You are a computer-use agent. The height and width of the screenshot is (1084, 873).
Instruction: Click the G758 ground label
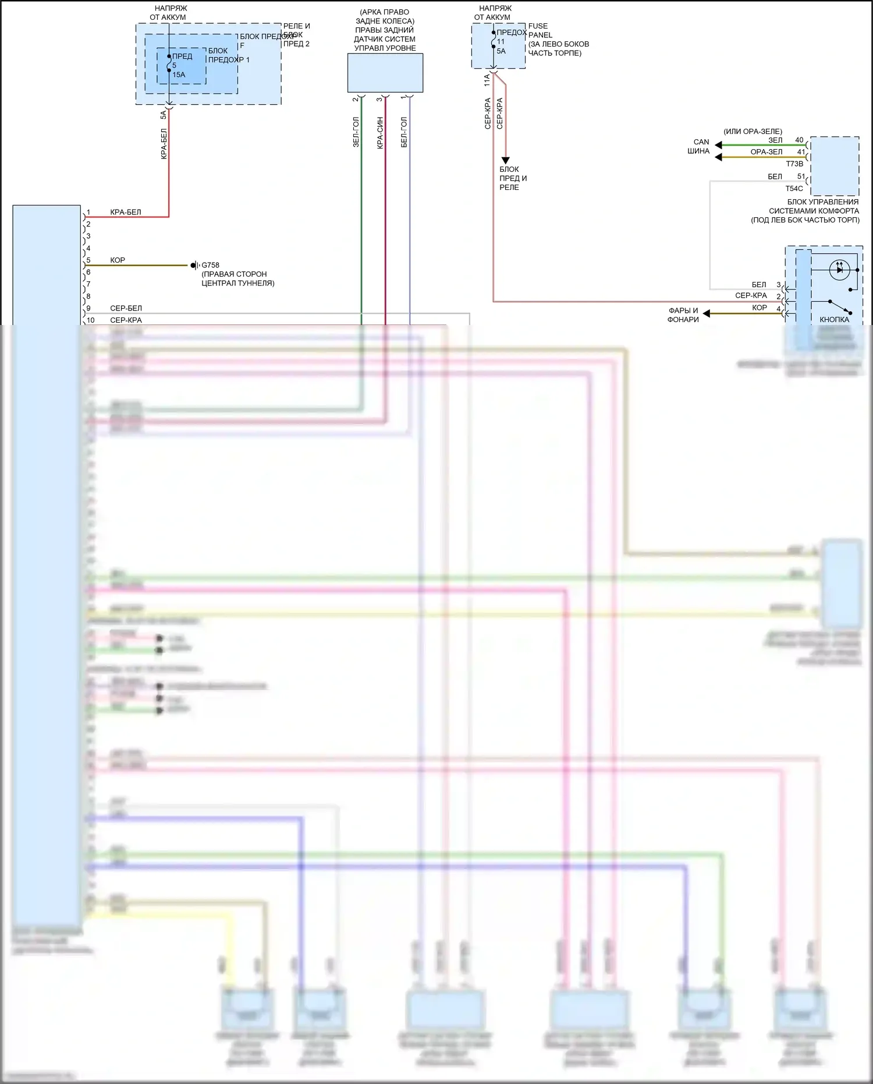210,265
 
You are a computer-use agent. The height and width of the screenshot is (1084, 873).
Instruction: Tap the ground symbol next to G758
194,266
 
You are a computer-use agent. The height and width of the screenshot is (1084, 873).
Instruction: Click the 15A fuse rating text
179,75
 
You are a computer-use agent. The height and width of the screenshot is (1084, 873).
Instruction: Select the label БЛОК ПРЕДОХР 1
228,55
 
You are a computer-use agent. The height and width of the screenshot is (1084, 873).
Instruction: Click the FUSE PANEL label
540,30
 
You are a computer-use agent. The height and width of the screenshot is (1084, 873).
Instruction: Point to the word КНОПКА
834,319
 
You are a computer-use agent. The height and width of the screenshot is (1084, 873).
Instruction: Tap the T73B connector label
794,164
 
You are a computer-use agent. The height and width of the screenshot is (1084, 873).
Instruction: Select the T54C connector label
794,188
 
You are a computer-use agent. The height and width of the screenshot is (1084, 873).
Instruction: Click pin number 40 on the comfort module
799,140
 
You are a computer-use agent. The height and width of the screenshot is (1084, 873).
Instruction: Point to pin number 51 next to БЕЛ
801,176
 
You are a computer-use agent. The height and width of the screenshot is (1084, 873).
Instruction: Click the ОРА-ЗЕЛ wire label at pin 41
766,152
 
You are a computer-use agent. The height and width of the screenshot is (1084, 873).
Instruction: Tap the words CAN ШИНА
700,146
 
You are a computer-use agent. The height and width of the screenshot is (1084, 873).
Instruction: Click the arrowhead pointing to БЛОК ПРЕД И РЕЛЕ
505,160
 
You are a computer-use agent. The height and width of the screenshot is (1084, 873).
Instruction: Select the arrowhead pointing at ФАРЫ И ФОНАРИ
707,313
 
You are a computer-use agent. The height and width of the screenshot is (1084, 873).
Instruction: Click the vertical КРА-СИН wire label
379,133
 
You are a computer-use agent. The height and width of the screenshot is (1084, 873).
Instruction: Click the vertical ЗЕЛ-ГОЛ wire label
356,132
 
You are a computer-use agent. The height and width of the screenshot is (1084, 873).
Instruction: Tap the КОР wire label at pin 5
118,260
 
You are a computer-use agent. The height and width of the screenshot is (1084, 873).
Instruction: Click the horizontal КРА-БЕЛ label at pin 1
126,212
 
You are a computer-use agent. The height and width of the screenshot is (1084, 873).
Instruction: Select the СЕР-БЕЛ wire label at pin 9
126,308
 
